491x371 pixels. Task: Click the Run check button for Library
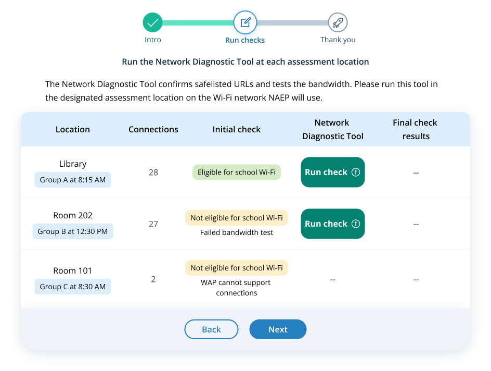(x=332, y=172)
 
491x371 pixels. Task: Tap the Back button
(x=211, y=329)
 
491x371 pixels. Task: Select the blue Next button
(x=278, y=329)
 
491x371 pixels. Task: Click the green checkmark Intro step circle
(x=152, y=22)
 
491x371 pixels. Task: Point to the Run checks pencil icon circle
(x=245, y=22)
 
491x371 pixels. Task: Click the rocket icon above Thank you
(x=338, y=22)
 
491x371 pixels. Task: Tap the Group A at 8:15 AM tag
(x=73, y=180)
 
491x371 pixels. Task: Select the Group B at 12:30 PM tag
(x=73, y=231)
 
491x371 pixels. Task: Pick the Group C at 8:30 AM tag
(x=73, y=287)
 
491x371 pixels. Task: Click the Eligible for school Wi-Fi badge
(x=237, y=172)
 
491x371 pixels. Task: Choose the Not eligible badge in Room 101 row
(x=237, y=268)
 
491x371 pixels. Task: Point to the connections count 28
(x=153, y=172)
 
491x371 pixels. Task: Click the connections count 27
(x=153, y=224)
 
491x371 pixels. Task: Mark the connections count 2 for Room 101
(x=153, y=279)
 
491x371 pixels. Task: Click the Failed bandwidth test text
(x=237, y=232)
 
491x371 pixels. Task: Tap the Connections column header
(x=153, y=130)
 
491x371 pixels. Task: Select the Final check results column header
(x=415, y=129)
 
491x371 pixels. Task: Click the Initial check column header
(x=237, y=130)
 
